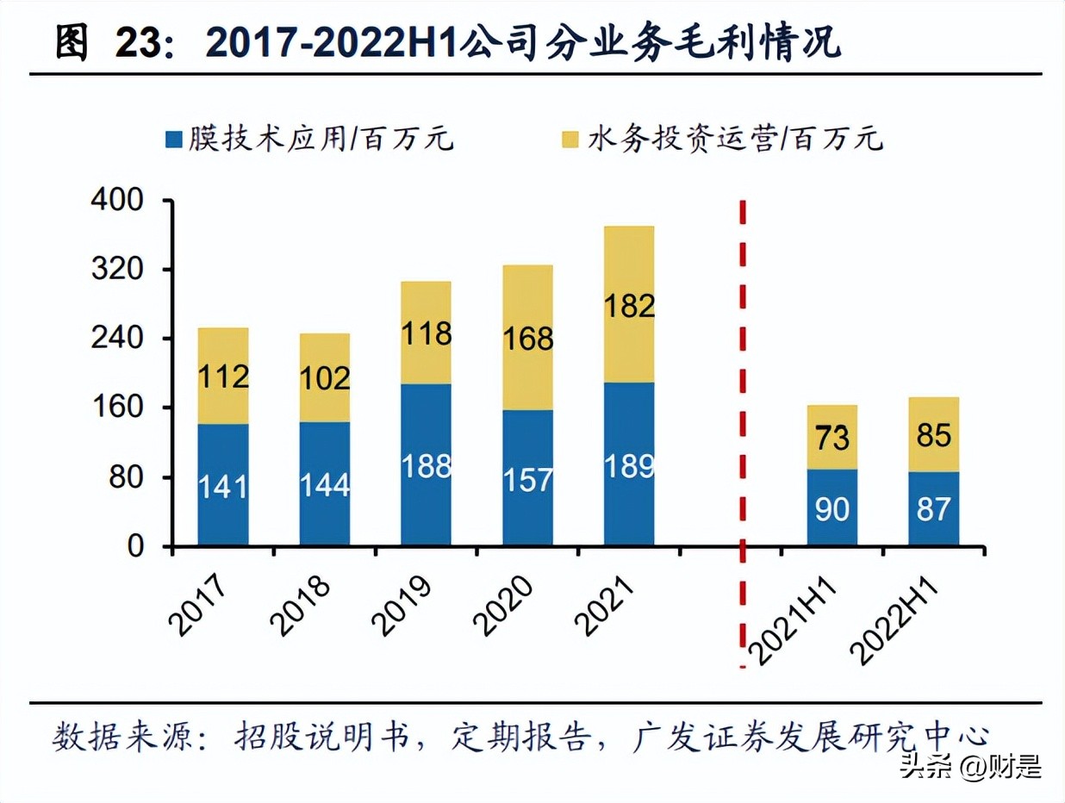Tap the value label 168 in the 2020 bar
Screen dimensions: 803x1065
[528, 339]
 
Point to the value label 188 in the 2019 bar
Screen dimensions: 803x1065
[427, 466]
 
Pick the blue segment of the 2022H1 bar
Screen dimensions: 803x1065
[934, 508]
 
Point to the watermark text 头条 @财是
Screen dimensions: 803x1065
[970, 765]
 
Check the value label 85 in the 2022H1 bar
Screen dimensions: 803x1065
[934, 435]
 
